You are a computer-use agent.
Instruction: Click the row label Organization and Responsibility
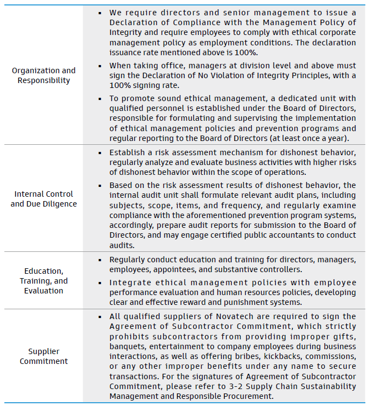pos(44,75)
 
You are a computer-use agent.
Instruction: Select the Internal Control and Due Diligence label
pos(44,199)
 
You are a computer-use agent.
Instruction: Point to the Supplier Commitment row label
pos(44,356)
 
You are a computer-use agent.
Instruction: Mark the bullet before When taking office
pos(100,66)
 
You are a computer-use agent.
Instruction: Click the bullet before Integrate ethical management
pos(100,283)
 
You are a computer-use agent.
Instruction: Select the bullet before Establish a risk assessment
pos(100,153)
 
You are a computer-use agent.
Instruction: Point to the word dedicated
pos(286,98)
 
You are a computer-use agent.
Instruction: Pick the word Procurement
pos(244,396)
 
